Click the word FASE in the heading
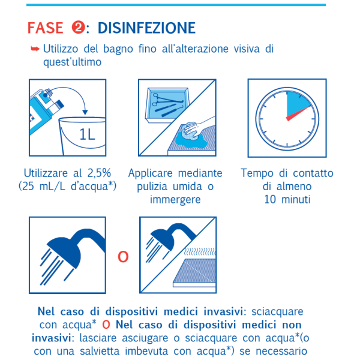(46, 28)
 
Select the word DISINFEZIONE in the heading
(146, 28)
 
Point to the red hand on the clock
(298, 114)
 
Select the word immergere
(175, 200)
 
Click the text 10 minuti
(287, 199)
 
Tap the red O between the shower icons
(123, 257)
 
